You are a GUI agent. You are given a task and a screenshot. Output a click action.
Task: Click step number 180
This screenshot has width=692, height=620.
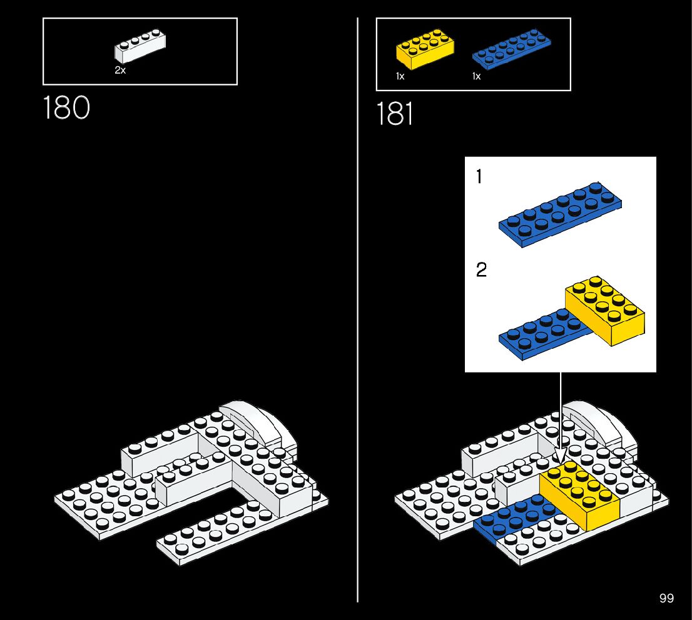[x=66, y=107]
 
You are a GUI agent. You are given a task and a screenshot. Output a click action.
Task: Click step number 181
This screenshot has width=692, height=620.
[x=395, y=114]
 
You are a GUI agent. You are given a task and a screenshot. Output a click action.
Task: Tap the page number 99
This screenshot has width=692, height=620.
[x=666, y=598]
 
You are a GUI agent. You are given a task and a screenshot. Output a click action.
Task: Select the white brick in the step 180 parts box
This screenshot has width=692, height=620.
[x=140, y=49]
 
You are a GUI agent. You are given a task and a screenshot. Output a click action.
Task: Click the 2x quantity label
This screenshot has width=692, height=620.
[x=120, y=71]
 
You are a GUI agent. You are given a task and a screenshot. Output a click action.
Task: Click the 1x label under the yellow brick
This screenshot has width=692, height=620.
[x=400, y=76]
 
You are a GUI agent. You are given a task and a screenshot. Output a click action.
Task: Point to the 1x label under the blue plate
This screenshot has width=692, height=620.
[x=476, y=76]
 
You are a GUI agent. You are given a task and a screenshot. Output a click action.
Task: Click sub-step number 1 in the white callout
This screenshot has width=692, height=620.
[x=479, y=177]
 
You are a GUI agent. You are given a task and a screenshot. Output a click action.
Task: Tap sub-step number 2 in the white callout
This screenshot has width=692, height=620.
[x=481, y=271]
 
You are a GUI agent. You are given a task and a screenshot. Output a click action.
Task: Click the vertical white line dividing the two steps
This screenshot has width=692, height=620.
[x=358, y=312]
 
